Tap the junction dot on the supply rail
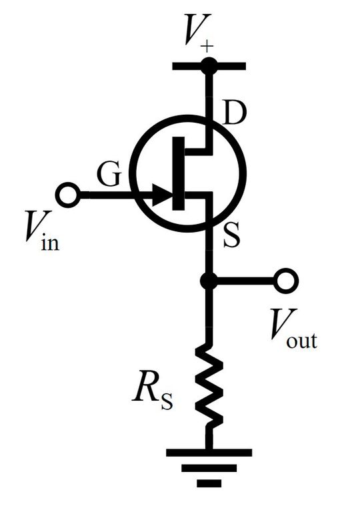(x=209, y=65)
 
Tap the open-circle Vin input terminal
(x=67, y=195)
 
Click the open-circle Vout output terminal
(x=287, y=281)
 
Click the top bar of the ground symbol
(x=209, y=452)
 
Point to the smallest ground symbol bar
(x=209, y=481)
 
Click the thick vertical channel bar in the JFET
(x=178, y=172)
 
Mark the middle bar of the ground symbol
(x=209, y=467)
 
